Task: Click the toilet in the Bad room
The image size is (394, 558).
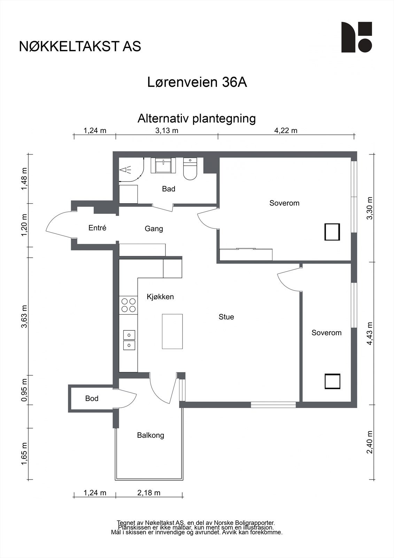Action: coord(190,169)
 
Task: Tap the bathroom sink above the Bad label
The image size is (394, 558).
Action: coord(164,165)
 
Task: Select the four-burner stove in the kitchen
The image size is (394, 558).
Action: coord(128,305)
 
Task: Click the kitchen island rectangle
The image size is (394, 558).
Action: coord(172,331)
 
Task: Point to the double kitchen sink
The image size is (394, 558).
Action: coord(129,340)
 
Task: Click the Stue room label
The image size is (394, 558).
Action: coord(226,317)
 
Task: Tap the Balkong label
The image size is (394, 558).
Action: coord(150,435)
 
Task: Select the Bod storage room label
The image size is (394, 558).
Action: coord(92,398)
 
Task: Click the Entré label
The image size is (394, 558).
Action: coord(97,228)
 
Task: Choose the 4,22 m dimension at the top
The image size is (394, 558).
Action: coord(286,131)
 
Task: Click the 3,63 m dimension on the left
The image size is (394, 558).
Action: coord(24,316)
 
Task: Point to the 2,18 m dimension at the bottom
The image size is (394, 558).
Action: coord(149,493)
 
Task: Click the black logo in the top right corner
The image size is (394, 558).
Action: coord(356,37)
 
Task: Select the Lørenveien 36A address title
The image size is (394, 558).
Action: coord(197,83)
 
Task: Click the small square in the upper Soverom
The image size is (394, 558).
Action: coord(332,232)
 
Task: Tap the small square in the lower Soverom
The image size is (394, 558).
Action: coord(332,381)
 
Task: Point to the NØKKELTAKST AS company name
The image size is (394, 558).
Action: coord(80,46)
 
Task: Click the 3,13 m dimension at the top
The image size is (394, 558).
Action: coord(167,131)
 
